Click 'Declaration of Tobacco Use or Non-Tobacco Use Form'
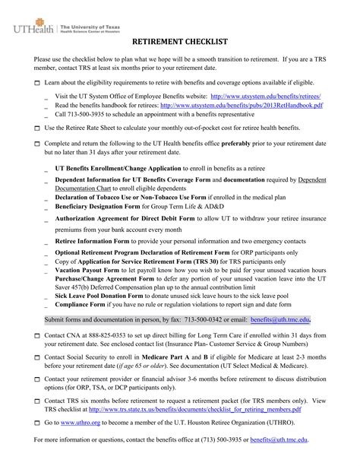tap(125, 195)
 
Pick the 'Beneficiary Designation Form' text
tap(96, 204)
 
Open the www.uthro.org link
tap(81, 421)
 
